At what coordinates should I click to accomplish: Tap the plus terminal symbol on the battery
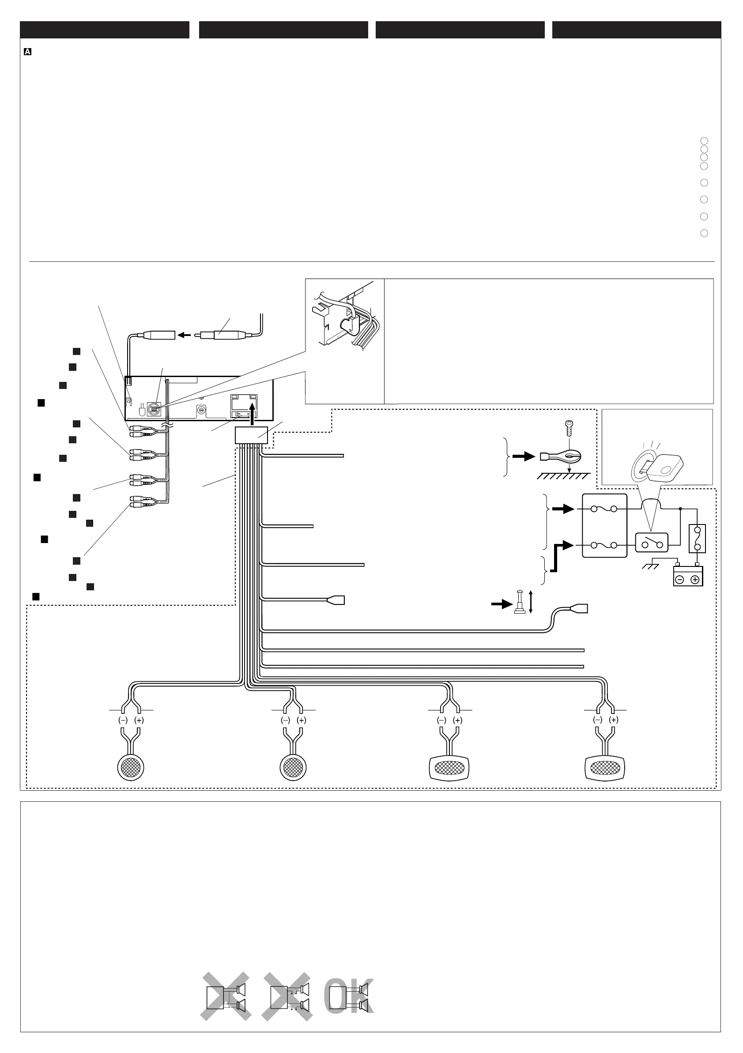coord(695,580)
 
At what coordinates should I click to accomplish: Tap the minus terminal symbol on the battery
coord(680,580)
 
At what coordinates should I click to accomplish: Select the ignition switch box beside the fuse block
coord(651,543)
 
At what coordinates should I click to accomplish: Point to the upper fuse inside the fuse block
coord(604,509)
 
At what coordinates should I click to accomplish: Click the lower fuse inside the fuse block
coord(604,545)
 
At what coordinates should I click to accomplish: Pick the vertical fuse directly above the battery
coord(697,539)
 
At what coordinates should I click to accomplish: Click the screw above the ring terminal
coord(569,427)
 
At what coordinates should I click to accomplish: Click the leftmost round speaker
coord(131,767)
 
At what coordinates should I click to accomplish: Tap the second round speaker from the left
coord(293,767)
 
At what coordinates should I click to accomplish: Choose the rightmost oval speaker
coord(605,767)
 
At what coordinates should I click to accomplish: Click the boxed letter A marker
coord(27,52)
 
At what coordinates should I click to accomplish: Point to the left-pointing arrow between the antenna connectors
coord(184,335)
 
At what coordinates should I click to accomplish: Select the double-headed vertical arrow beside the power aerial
coord(531,602)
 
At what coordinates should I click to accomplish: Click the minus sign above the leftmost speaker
coord(123,720)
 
